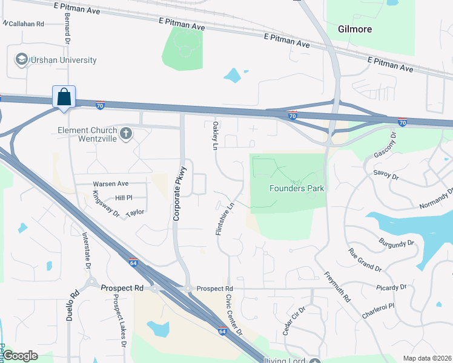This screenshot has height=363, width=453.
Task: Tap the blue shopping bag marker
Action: [64, 97]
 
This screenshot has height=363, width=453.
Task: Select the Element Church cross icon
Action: [126, 134]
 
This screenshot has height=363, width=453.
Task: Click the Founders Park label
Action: [296, 188]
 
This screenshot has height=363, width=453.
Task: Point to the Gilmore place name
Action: [355, 29]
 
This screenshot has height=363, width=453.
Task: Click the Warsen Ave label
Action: [110, 183]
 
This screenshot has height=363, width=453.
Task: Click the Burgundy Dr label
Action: [397, 243]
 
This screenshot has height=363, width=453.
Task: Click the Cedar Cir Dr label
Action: [293, 320]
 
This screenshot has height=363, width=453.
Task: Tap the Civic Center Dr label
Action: [234, 315]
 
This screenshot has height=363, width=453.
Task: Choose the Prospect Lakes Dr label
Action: [117, 324]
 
